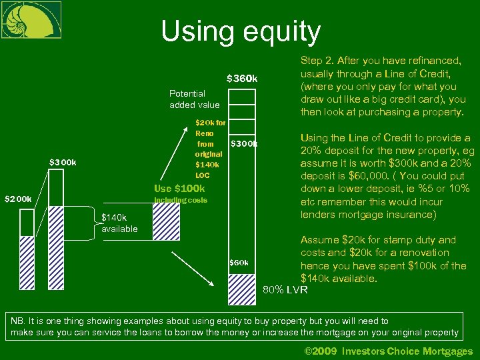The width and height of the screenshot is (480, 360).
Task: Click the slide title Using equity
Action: coord(241,31)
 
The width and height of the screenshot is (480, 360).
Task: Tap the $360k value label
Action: coord(242,79)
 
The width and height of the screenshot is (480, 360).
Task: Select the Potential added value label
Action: coord(195,99)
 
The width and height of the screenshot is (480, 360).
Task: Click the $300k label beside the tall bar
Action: coord(243,143)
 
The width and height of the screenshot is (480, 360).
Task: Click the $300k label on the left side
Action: coord(63,162)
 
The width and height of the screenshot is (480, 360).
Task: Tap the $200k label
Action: coord(18,199)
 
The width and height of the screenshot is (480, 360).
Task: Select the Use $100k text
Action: coord(179,189)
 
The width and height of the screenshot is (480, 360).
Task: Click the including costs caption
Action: coord(180,201)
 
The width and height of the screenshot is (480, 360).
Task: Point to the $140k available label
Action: coord(119,223)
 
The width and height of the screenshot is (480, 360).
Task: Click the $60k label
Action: coord(239,263)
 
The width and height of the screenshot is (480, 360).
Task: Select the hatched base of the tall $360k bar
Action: coord(241,288)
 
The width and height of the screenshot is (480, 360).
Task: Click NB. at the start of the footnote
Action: coord(17,321)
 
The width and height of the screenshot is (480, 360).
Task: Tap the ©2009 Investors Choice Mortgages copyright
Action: coord(388,351)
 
